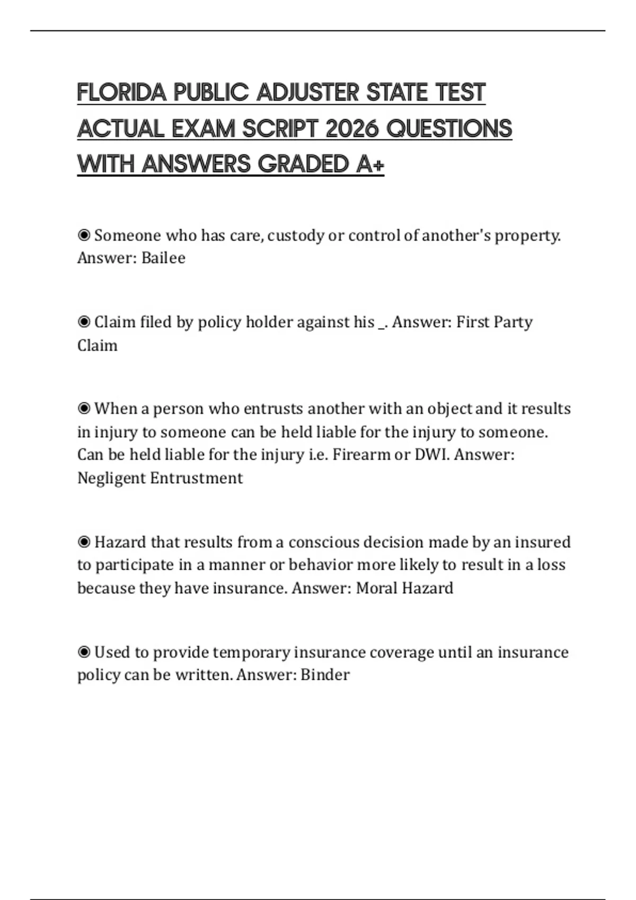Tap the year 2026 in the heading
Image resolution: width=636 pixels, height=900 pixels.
(351, 129)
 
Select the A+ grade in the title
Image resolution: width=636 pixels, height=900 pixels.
(370, 164)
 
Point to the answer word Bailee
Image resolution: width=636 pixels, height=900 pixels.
(163, 258)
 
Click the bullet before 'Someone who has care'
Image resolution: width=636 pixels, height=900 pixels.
(84, 235)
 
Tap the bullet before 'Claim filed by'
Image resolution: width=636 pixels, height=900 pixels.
(84, 322)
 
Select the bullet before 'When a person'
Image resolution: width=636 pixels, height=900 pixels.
(84, 409)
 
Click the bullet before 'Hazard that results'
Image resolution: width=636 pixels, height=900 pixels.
(84, 542)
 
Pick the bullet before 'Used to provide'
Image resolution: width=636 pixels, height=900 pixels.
(84, 652)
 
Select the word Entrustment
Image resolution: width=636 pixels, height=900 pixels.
(196, 478)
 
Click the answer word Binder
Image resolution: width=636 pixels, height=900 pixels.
(325, 675)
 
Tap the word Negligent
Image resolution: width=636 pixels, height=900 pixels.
(111, 478)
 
